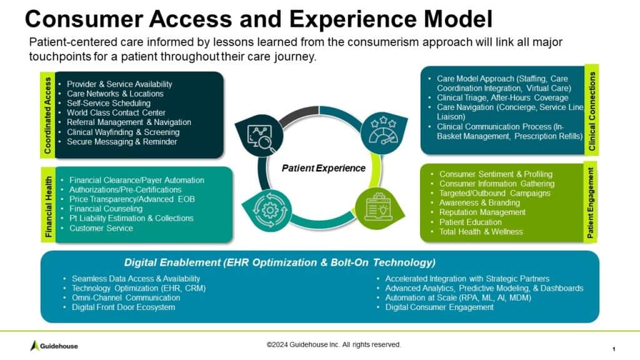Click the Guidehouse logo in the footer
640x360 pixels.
(x=54, y=346)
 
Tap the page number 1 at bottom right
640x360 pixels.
(x=614, y=347)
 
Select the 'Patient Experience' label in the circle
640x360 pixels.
(x=322, y=167)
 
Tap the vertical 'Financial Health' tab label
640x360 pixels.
(x=47, y=206)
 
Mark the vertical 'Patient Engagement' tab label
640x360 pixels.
(x=590, y=202)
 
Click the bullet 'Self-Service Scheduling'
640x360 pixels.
(x=109, y=103)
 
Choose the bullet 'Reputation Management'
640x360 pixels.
(x=482, y=212)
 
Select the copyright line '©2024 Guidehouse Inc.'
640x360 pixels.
(x=334, y=344)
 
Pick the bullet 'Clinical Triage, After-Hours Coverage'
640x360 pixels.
(x=496, y=98)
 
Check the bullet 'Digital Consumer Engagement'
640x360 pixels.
(x=439, y=307)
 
